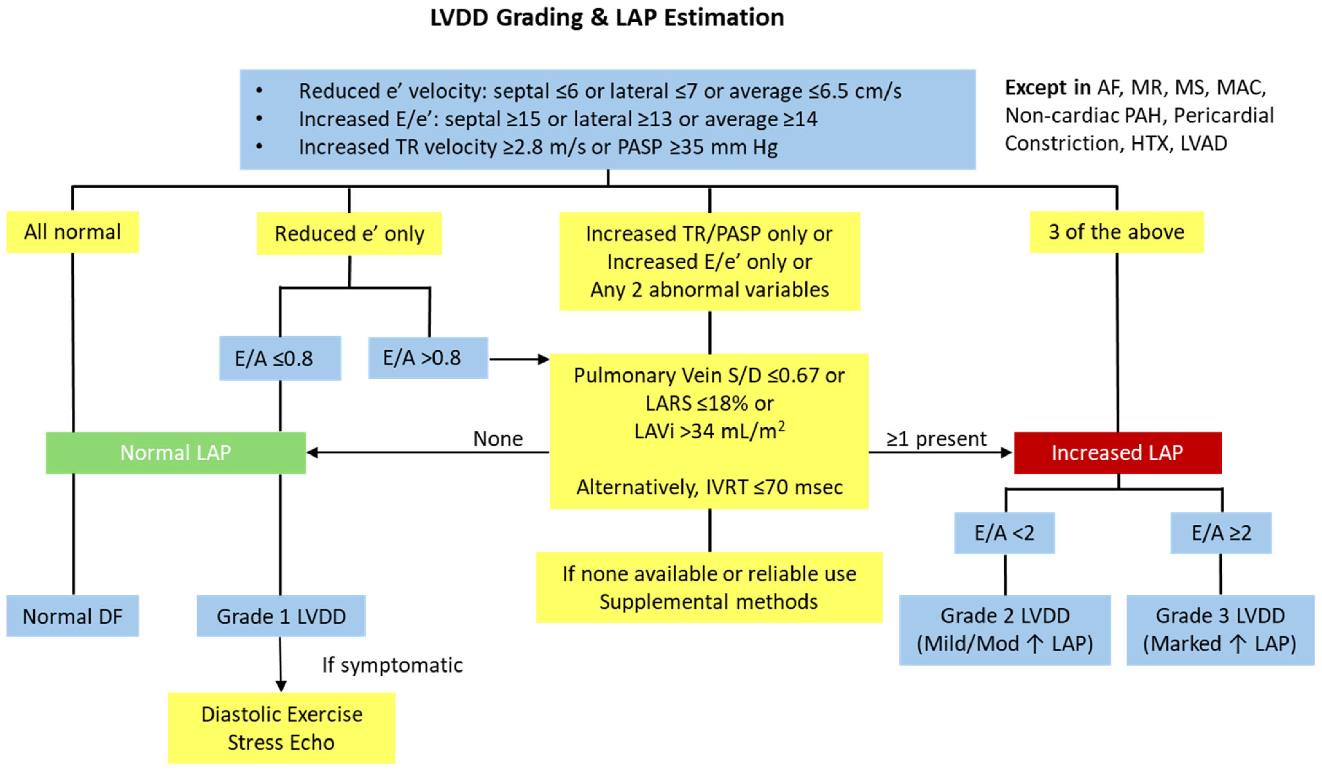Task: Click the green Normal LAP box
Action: click(x=176, y=453)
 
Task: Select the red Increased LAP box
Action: click(x=1117, y=453)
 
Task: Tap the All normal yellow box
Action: click(x=72, y=232)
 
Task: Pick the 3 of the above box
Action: click(x=1116, y=232)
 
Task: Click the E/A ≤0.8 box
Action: click(x=280, y=358)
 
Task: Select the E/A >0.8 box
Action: click(x=428, y=358)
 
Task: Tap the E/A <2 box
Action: click(x=1004, y=533)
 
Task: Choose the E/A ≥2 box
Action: click(x=1221, y=533)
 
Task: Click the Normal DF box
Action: click(x=72, y=616)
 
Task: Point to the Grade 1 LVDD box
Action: click(x=281, y=616)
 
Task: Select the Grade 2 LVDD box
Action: click(x=1005, y=630)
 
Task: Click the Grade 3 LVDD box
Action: click(x=1220, y=630)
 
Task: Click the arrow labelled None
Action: click(x=428, y=452)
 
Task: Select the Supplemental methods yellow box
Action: click(x=709, y=588)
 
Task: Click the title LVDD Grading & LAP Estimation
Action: click(x=607, y=18)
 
